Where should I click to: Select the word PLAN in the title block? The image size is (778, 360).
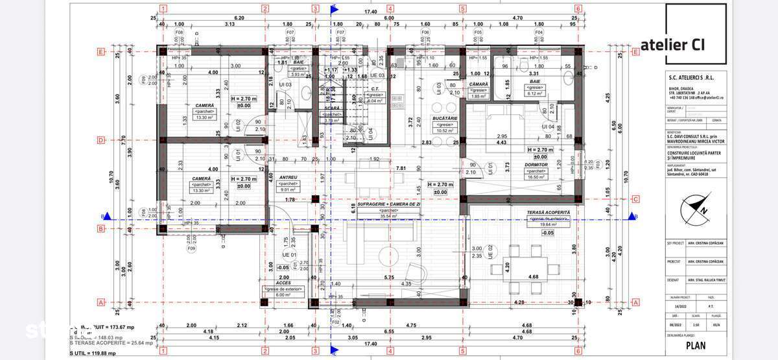coord(696,346)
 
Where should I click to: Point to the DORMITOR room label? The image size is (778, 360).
coord(537,165)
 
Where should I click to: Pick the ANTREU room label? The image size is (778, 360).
coord(288,177)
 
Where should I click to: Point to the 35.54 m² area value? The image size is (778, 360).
coord(389,217)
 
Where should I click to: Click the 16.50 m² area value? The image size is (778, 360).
coord(537,176)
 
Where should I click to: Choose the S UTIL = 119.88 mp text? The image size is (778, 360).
coord(95,354)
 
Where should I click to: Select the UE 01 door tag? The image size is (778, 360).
coord(290,255)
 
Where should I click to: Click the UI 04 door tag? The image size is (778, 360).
coord(547,126)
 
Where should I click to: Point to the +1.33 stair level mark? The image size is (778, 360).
coord(351,69)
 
